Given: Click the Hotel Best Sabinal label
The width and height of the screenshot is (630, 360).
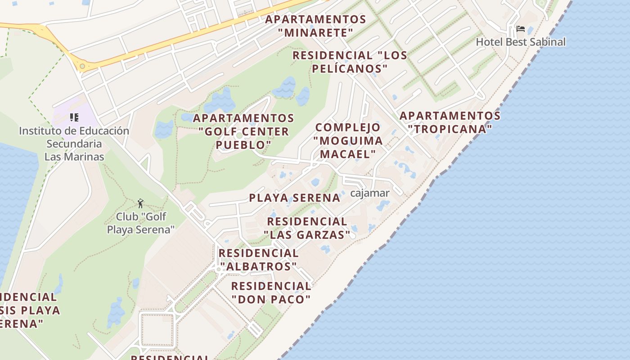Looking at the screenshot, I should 521,42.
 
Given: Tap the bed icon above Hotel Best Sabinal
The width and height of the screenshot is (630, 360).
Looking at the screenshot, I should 521,29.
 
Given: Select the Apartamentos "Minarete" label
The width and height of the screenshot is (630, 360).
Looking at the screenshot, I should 315,26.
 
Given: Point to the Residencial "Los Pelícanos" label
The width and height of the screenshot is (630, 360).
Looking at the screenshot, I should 350,62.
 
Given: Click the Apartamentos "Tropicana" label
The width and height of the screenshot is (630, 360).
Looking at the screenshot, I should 450,122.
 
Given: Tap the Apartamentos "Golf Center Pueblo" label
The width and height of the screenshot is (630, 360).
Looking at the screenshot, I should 243,131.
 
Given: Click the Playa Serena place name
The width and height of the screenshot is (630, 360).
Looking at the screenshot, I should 295,198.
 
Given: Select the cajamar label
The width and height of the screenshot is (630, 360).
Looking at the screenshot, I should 369,193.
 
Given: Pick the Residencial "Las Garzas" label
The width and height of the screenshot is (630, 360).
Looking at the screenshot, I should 307,228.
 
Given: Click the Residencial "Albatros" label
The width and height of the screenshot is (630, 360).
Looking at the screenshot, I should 258,260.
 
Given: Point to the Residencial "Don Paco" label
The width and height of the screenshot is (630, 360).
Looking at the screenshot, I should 271,292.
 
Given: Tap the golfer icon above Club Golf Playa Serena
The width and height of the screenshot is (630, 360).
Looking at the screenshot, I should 140,203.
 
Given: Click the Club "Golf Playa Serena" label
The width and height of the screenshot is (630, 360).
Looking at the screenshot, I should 141,223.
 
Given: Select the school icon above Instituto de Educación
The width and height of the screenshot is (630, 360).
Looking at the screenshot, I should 74,117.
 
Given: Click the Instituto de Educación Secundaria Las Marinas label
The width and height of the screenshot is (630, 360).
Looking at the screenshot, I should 74,144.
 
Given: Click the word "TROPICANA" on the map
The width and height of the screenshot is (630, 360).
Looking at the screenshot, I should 450,129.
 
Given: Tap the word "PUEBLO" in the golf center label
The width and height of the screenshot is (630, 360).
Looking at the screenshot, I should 243,145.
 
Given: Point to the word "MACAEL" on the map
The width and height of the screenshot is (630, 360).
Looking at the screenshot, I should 348,154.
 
